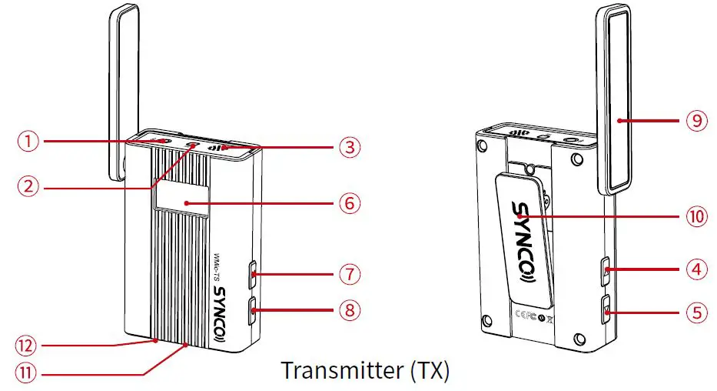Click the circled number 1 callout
click(x=28, y=141)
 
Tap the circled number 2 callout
click(x=28, y=185)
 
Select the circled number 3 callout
click(x=350, y=147)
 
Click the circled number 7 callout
click(x=350, y=273)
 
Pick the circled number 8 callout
click(x=350, y=311)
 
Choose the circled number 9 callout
click(x=696, y=120)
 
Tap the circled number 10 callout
click(x=696, y=217)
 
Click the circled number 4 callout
click(x=696, y=269)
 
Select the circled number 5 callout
click(x=696, y=313)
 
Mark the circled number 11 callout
click(x=28, y=374)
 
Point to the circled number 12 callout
click(x=28, y=345)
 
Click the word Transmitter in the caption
click(x=338, y=370)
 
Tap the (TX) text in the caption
click(x=425, y=370)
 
